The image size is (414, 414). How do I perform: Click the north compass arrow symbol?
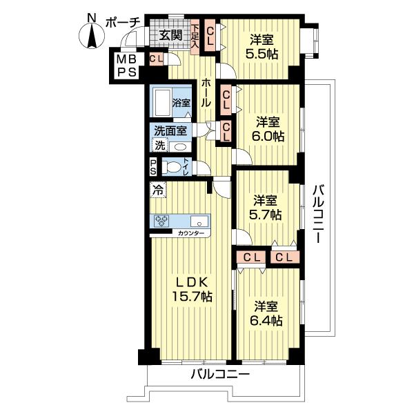92,36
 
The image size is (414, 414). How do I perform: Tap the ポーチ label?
123,23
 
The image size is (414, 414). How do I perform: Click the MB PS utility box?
127,66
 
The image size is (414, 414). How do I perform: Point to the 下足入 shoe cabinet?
195,37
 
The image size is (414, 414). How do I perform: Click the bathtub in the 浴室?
163,102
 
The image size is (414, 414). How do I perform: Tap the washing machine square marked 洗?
160,145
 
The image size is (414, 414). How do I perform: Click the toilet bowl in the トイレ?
171,167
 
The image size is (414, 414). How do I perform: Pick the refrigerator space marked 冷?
158,190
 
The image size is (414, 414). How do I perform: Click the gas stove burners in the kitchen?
161,221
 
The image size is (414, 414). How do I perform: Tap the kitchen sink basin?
199,221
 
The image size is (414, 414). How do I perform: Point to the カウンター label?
190,233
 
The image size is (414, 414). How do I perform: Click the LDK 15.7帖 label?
192,289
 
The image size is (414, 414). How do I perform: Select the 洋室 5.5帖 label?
262,47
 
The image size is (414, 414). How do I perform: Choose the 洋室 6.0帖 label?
268,129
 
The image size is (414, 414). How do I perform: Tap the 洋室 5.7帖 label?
265,208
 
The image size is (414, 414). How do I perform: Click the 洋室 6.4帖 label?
266,313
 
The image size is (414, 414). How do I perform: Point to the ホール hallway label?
206,93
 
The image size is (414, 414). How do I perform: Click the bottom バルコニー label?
220,374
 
